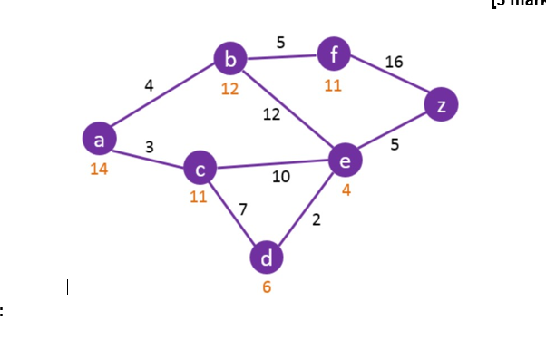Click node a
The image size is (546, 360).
[100, 140]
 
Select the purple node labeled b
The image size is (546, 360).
[230, 60]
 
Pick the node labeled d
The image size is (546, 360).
[266, 258]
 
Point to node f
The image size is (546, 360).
[334, 55]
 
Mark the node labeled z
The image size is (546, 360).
[441, 105]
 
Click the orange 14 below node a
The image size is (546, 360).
[100, 170]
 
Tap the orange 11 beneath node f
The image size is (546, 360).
[334, 86]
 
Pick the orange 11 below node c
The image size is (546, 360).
[199, 199]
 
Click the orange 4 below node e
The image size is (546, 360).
[346, 190]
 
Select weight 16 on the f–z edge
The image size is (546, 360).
[394, 63]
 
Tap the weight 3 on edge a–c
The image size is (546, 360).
[149, 146]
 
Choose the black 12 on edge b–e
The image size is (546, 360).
[271, 114]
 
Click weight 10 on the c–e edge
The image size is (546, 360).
[281, 177]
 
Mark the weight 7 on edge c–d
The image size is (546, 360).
[242, 209]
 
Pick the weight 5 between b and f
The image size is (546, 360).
[281, 41]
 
